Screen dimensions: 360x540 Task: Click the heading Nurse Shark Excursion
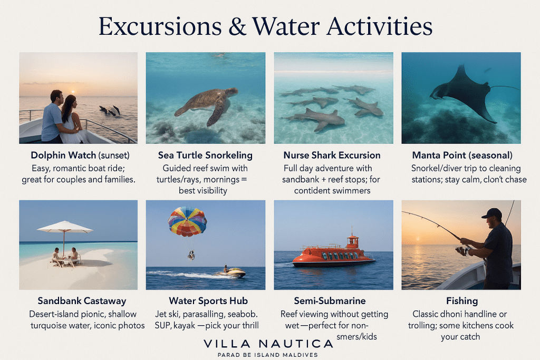tap(332, 155)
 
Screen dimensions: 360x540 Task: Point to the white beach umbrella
tap(64, 228)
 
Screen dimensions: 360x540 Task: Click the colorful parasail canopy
tap(187, 221)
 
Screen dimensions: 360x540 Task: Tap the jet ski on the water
tap(231, 272)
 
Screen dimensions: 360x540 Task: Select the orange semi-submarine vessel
tap(333, 255)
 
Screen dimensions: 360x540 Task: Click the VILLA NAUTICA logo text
tap(268, 344)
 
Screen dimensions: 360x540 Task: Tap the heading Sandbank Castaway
tap(82, 301)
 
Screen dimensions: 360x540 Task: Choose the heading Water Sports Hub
tap(208, 301)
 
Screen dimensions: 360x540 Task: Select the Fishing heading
tap(461, 301)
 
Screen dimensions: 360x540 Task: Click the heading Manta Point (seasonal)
tap(461, 155)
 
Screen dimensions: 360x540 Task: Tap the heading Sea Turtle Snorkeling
tap(205, 155)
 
